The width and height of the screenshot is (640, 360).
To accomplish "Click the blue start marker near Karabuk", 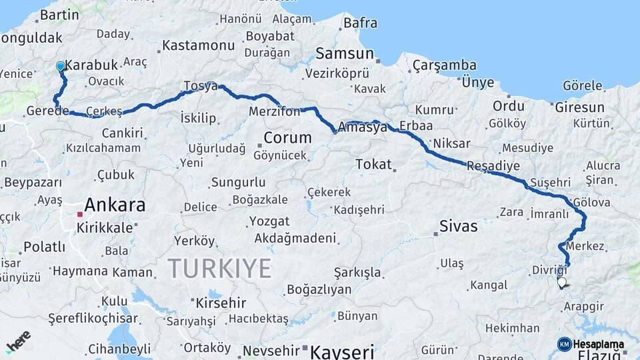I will click(61, 66).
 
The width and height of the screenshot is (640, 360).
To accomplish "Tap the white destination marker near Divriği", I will click(561, 283).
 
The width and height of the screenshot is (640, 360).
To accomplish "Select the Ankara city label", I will click(115, 205).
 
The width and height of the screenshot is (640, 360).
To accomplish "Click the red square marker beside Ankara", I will click(80, 215).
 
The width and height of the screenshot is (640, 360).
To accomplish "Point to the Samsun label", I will click(345, 53).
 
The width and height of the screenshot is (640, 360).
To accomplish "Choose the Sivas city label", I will click(459, 226).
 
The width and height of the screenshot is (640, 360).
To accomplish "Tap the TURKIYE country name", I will click(219, 269).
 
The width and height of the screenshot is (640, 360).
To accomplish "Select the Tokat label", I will click(373, 164).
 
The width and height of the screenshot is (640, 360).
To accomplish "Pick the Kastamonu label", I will click(199, 46).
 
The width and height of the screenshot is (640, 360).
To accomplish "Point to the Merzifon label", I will click(275, 111).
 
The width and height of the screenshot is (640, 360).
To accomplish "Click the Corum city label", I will click(288, 138).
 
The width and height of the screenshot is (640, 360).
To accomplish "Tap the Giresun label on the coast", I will click(579, 107).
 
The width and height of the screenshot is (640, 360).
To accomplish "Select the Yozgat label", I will click(269, 221).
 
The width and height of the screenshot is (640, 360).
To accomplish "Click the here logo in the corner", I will click(18, 342).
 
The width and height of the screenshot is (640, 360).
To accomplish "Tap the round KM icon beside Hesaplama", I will click(564, 344).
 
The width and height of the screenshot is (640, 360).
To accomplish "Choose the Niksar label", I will click(451, 143).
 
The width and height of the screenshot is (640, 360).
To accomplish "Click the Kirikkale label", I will click(105, 227).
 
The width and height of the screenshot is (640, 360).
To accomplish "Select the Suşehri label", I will click(551, 181).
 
